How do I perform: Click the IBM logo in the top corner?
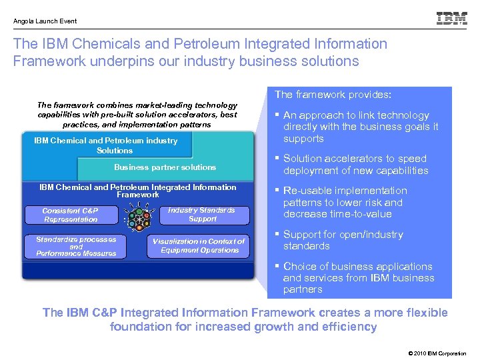pos(451,19)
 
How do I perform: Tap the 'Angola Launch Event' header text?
pos(45,21)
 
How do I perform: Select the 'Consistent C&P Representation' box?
pos(71,215)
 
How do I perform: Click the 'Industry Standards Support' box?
pos(202,215)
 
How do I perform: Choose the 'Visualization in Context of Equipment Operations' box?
pos(199,246)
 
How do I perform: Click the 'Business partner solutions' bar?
pos(165,167)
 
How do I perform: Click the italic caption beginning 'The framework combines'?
pos(137,115)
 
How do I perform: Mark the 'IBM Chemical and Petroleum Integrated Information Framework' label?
pos(138,191)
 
